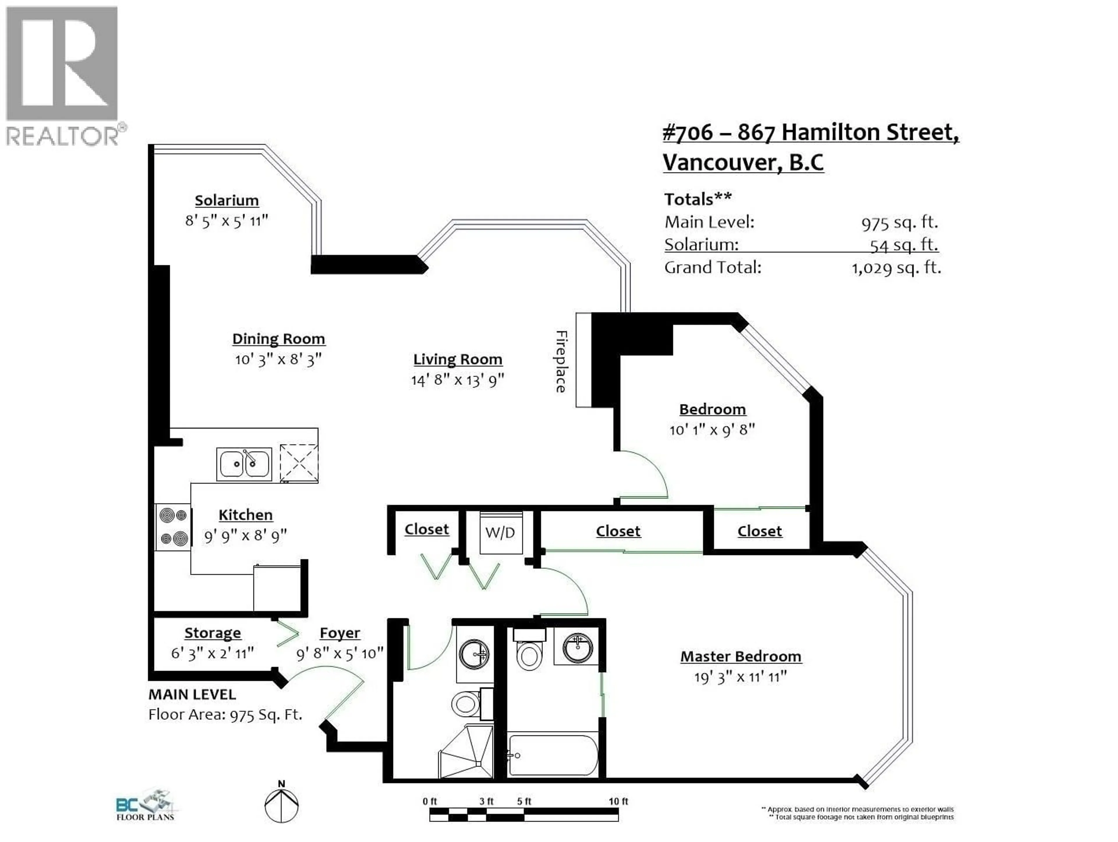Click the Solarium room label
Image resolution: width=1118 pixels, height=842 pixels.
227,201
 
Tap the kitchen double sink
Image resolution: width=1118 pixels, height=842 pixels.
244,464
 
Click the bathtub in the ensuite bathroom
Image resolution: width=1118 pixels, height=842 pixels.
553,755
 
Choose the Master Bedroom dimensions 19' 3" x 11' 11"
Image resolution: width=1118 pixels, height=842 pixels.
740,677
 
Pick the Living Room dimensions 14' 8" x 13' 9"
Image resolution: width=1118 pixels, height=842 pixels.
457,380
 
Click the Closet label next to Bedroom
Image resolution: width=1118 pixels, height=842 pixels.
759,531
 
